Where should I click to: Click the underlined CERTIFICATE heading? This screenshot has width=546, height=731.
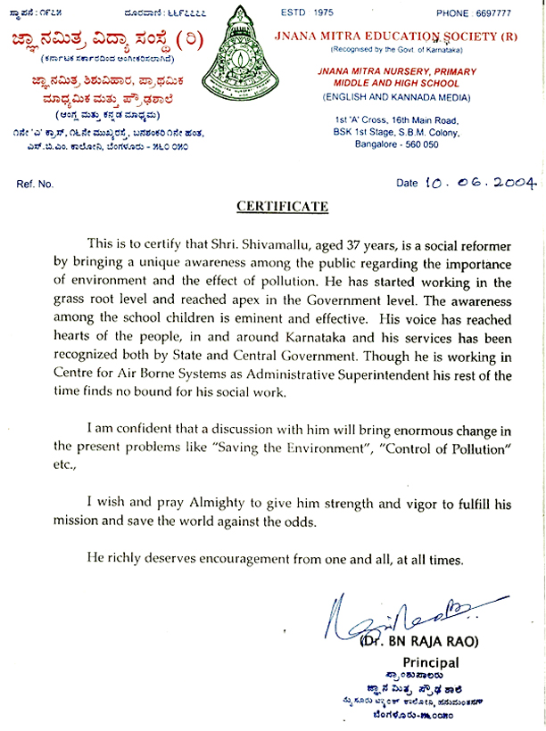282,207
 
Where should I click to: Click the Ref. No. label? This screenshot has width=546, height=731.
35,184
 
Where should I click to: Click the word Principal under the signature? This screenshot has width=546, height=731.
431,662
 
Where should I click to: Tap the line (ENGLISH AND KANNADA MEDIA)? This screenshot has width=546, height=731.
397,96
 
